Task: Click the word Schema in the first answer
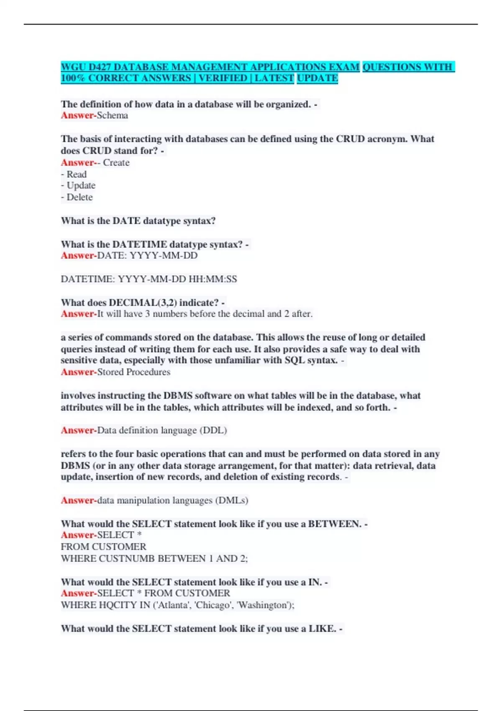coord(113,115)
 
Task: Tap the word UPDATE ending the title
coord(318,78)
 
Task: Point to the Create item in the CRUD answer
coord(116,163)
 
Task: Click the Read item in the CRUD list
coord(77,174)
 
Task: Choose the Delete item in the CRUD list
coord(79,197)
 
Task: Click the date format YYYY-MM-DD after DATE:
coord(164,256)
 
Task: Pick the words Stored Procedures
coord(134,372)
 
